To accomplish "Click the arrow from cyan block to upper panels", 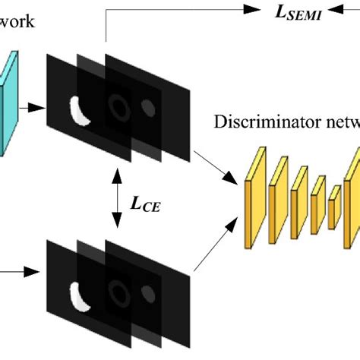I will coord(31,109).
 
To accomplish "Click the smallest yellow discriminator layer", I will coord(333,204).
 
